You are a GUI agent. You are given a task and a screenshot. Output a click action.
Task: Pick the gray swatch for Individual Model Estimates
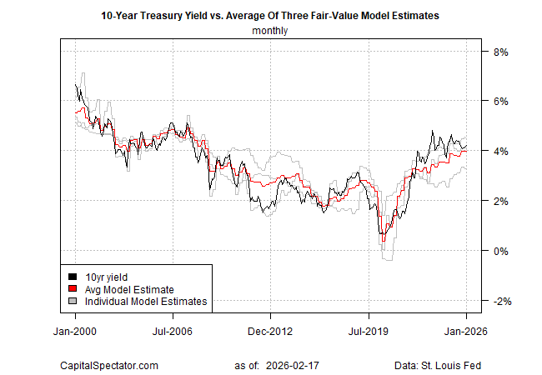(73, 301)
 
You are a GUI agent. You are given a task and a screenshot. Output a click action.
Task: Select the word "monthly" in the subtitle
(271, 31)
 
